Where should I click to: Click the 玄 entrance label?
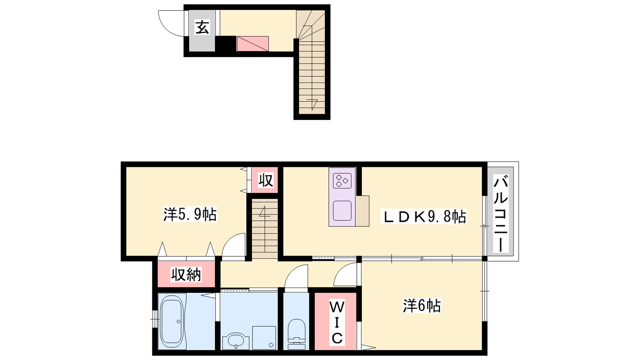[x=202, y=27]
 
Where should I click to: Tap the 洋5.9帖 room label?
[x=190, y=214]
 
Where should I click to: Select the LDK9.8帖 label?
[x=424, y=216]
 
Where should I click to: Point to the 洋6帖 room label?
[x=422, y=306]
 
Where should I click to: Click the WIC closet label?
[x=337, y=322]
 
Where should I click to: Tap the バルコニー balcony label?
[x=500, y=214]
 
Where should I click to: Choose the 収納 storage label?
[x=186, y=274]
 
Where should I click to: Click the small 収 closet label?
[x=266, y=180]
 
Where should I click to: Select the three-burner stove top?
[x=342, y=180]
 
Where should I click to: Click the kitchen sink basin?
[x=342, y=210]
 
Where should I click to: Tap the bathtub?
[x=171, y=321]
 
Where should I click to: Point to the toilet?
[x=296, y=334]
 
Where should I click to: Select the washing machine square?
[x=264, y=338]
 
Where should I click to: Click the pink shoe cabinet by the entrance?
[x=252, y=44]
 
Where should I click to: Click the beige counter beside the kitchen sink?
[x=362, y=211]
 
